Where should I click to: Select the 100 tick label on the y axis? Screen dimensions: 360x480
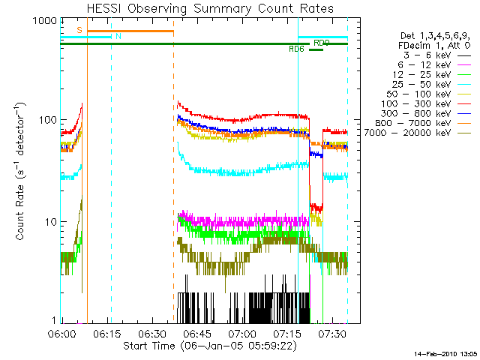[46, 120]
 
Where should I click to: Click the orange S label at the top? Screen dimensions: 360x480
[79, 29]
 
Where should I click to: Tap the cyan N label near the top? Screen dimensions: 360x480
[117, 36]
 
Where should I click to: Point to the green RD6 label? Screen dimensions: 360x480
[297, 49]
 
